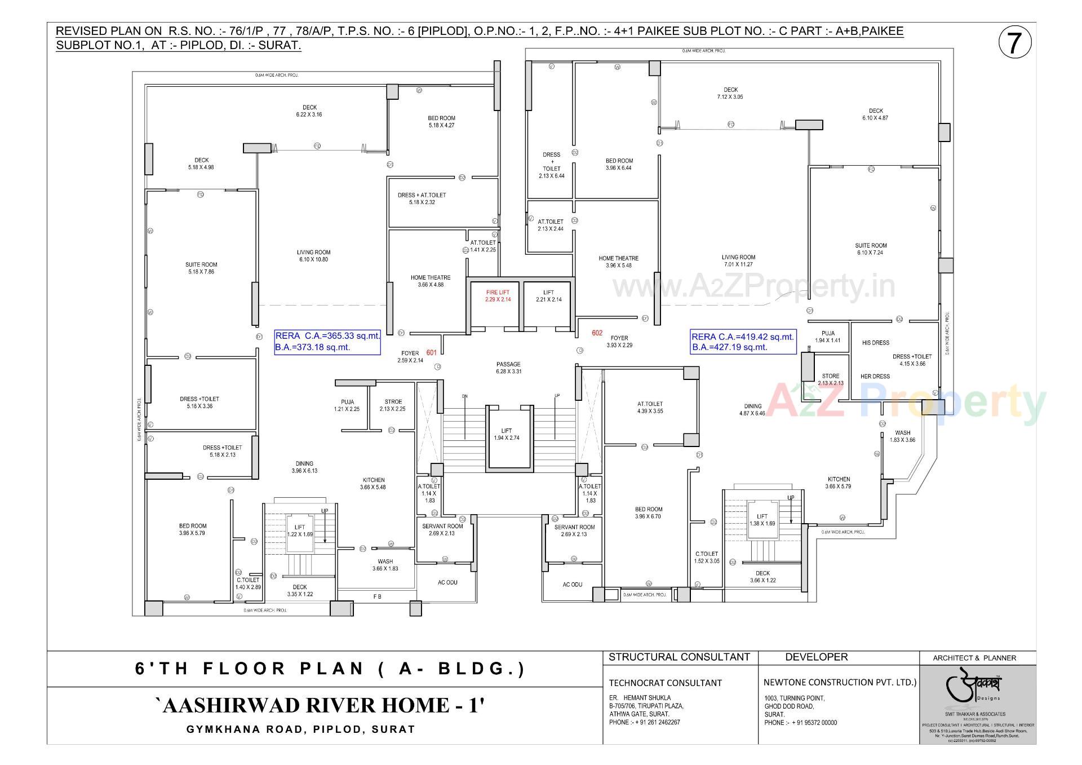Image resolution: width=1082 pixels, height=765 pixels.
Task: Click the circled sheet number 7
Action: pyautogui.click(x=1014, y=43)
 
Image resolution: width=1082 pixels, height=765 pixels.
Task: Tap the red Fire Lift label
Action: pyautogui.click(x=498, y=296)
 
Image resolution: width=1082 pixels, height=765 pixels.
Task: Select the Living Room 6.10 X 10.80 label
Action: pyautogui.click(x=314, y=256)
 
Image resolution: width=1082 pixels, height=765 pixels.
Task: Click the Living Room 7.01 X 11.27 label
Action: pyautogui.click(x=738, y=260)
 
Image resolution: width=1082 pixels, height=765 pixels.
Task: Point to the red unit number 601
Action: pyautogui.click(x=432, y=352)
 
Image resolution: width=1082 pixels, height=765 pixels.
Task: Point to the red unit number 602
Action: pyautogui.click(x=597, y=333)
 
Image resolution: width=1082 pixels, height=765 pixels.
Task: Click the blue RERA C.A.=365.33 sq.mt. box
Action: pyautogui.click(x=327, y=342)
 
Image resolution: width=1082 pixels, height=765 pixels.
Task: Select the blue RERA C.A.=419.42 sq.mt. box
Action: pyautogui.click(x=743, y=342)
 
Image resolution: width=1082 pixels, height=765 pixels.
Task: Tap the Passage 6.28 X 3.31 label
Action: pyautogui.click(x=508, y=368)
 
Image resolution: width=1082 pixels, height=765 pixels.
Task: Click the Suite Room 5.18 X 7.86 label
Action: pyautogui.click(x=201, y=268)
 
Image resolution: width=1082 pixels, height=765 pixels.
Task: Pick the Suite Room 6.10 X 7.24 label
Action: pyautogui.click(x=871, y=249)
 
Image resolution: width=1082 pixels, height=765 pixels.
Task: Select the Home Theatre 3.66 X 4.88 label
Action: pyautogui.click(x=431, y=281)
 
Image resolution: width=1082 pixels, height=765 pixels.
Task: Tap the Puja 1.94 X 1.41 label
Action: pyautogui.click(x=827, y=337)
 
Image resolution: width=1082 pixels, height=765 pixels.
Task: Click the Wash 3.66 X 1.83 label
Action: pyautogui.click(x=385, y=565)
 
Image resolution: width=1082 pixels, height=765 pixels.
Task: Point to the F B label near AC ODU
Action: pyautogui.click(x=377, y=596)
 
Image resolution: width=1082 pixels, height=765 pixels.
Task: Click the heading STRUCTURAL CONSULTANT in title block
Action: pyautogui.click(x=679, y=657)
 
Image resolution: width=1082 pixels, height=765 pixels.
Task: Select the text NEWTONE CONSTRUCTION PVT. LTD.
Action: pyautogui.click(x=840, y=682)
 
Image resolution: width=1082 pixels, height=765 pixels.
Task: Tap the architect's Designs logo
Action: pyautogui.click(x=978, y=689)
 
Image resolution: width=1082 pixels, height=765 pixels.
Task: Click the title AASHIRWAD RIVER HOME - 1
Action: pyautogui.click(x=320, y=705)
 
